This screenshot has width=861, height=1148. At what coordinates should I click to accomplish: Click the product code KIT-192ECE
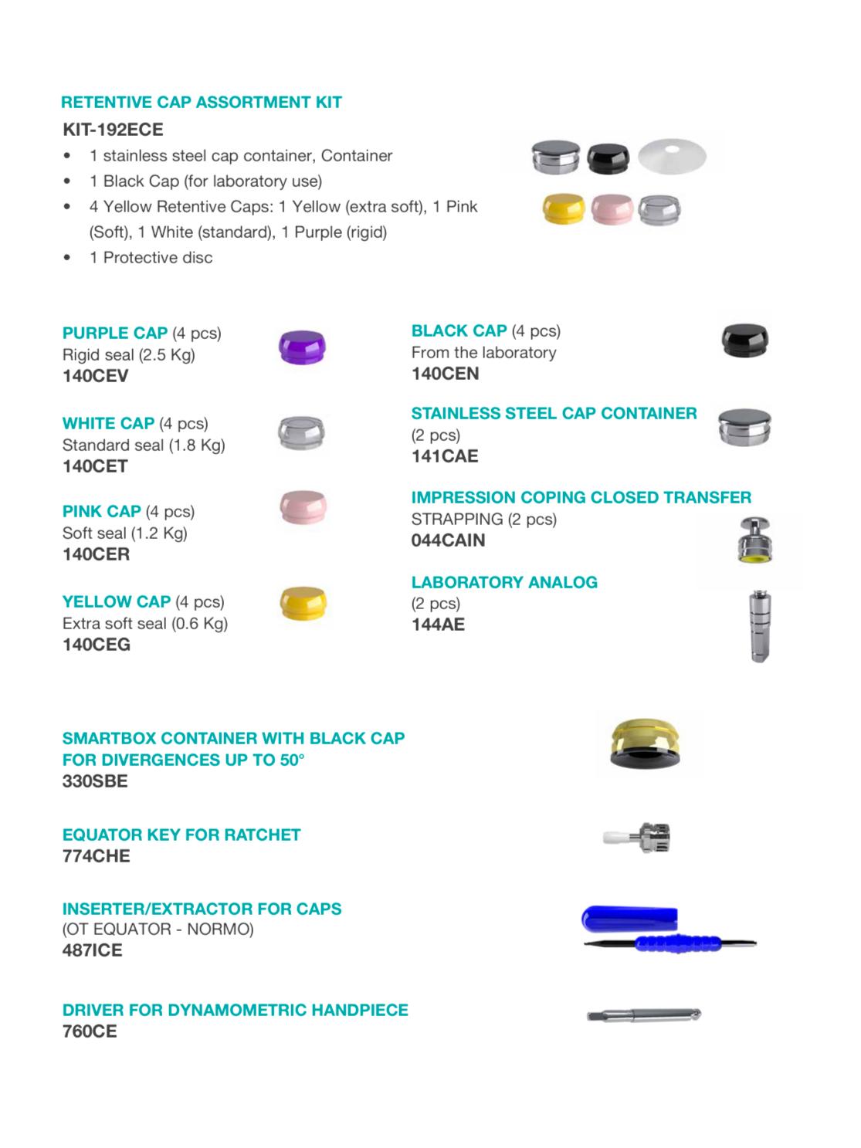tap(113, 129)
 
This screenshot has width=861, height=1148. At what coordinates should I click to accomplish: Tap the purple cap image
tap(302, 347)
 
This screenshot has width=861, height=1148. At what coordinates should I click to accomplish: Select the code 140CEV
tap(96, 376)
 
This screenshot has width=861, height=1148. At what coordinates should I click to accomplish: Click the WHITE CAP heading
tap(108, 423)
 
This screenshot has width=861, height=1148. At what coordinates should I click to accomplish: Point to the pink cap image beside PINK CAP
tap(303, 508)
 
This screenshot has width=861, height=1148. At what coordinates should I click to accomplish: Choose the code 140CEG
tap(97, 645)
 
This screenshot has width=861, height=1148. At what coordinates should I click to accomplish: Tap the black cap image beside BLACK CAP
tap(745, 340)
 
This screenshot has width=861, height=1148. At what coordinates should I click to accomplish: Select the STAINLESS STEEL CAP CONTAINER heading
tap(554, 413)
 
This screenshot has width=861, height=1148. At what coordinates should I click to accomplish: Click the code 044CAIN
tap(448, 540)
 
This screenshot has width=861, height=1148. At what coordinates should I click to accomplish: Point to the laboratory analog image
tap(760, 625)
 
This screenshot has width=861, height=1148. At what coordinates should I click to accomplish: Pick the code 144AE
tap(438, 625)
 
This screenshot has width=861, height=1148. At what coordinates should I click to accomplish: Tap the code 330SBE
tap(95, 781)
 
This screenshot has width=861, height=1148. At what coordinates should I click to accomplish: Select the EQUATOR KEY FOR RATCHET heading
tap(181, 835)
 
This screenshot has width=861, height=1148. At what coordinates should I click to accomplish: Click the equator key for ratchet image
tap(638, 836)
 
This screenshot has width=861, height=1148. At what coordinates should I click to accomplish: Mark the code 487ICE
tap(92, 950)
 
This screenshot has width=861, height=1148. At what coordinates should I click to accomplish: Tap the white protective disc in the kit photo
tap(671, 156)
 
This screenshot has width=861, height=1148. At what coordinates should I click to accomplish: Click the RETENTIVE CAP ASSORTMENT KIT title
tap(201, 102)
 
